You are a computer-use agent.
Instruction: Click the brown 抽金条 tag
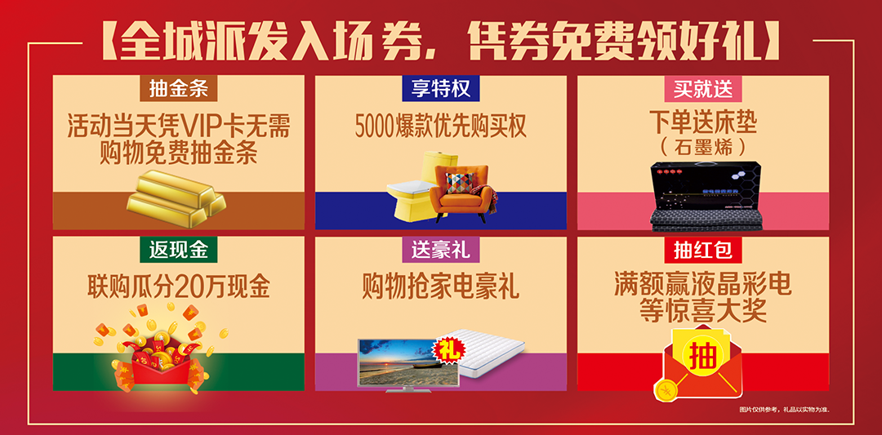click(179, 87)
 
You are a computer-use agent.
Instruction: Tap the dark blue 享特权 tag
click(441, 87)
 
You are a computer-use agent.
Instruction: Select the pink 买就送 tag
click(703, 87)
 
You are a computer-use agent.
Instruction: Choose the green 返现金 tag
click(179, 248)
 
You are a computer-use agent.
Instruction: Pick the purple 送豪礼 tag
click(441, 248)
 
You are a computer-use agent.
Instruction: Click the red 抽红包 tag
click(703, 248)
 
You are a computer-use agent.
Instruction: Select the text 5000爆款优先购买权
click(441, 127)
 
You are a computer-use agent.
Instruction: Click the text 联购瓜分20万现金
click(179, 286)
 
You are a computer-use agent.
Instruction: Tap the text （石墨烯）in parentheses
click(703, 148)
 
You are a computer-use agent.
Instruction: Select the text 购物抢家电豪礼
click(441, 286)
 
